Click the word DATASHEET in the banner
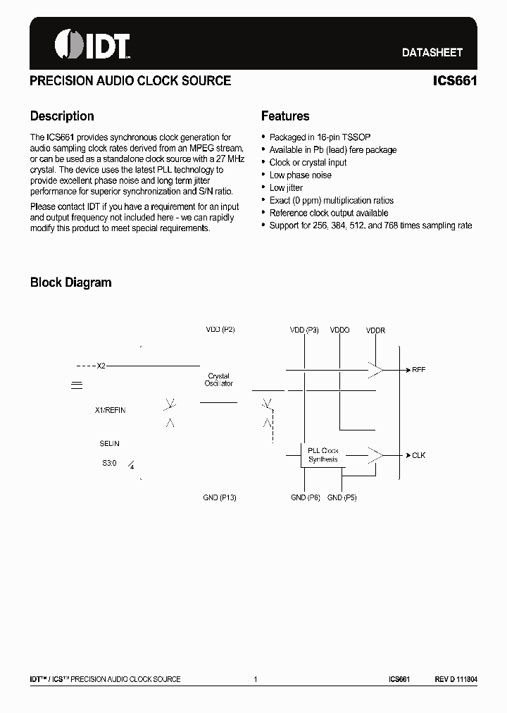click(432, 53)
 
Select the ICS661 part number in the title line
click(455, 81)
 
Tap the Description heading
click(62, 116)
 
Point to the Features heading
click(285, 116)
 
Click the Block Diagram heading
click(70, 283)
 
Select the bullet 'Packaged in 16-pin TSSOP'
click(320, 137)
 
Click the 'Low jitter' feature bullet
click(286, 188)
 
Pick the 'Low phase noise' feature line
click(300, 175)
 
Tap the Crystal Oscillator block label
click(218, 380)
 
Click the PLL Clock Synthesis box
click(323, 455)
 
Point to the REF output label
click(418, 369)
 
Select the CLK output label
click(418, 455)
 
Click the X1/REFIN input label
click(110, 410)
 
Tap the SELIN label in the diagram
click(109, 443)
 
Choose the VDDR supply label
click(375, 330)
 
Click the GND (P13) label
click(219, 497)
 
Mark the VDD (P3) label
click(304, 330)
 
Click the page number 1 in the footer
click(255, 679)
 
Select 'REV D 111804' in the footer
click(456, 679)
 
